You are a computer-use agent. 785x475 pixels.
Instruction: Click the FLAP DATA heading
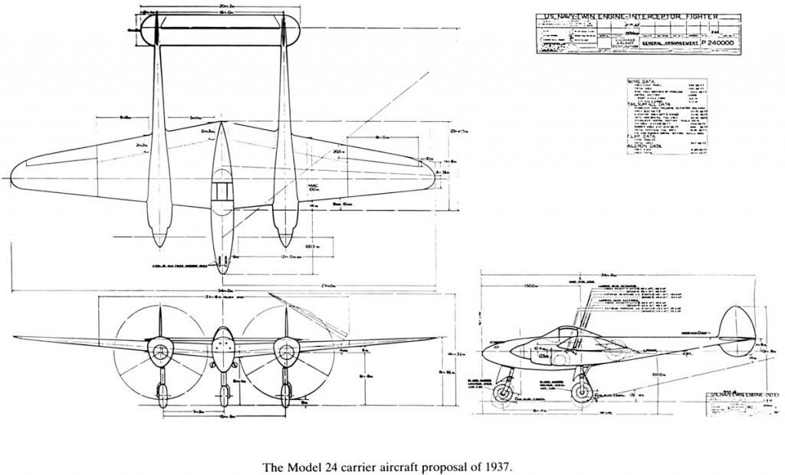point(640,134)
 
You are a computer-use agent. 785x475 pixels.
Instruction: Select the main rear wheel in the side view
point(582,391)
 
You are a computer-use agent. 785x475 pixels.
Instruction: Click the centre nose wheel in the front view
point(223,395)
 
